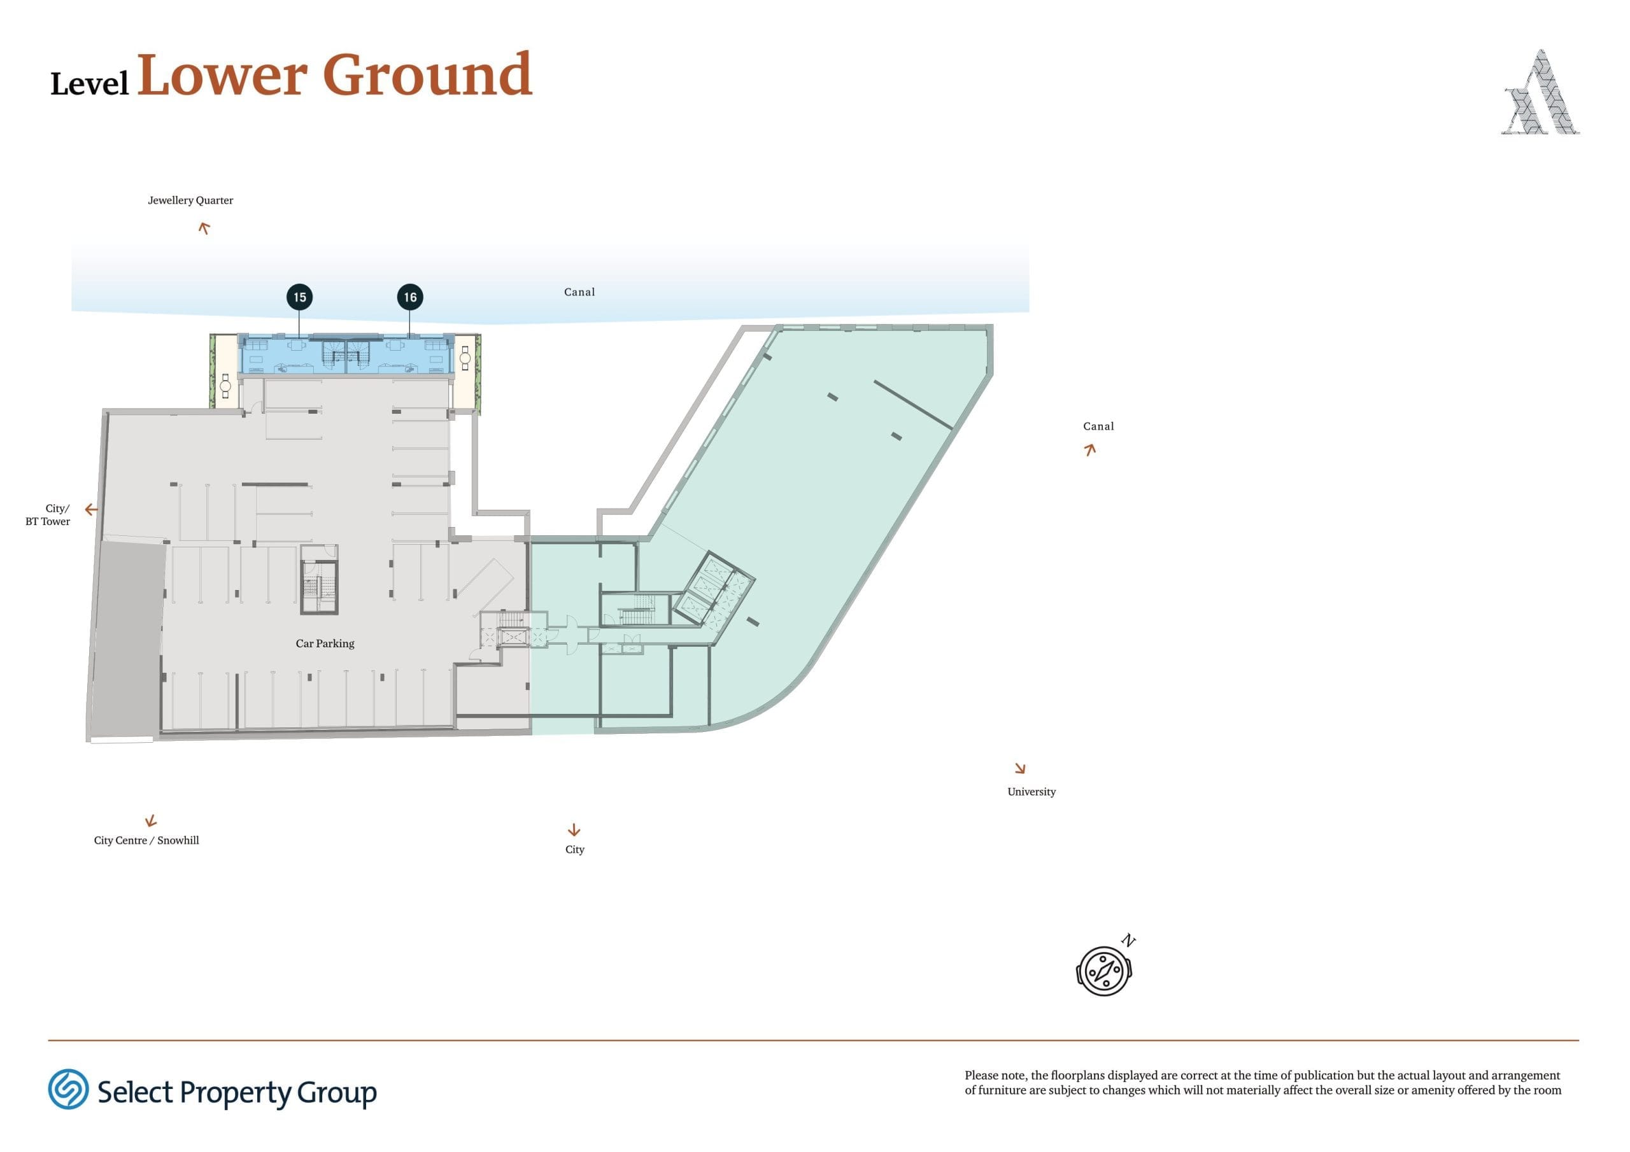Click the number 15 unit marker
coord(300,297)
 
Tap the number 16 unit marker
coord(410,297)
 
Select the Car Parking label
coord(325,644)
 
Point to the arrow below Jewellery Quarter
coord(204,228)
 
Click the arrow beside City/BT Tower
coord(91,510)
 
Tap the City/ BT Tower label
coord(48,515)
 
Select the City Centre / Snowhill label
coord(146,840)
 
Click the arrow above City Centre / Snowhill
coord(150,821)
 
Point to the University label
coord(1031,792)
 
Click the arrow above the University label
coord(1020,768)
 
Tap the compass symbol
coord(1104,971)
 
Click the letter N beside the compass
coord(1128,941)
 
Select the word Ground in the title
coord(427,74)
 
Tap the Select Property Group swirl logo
coord(68,1090)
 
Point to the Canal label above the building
coord(579,292)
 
